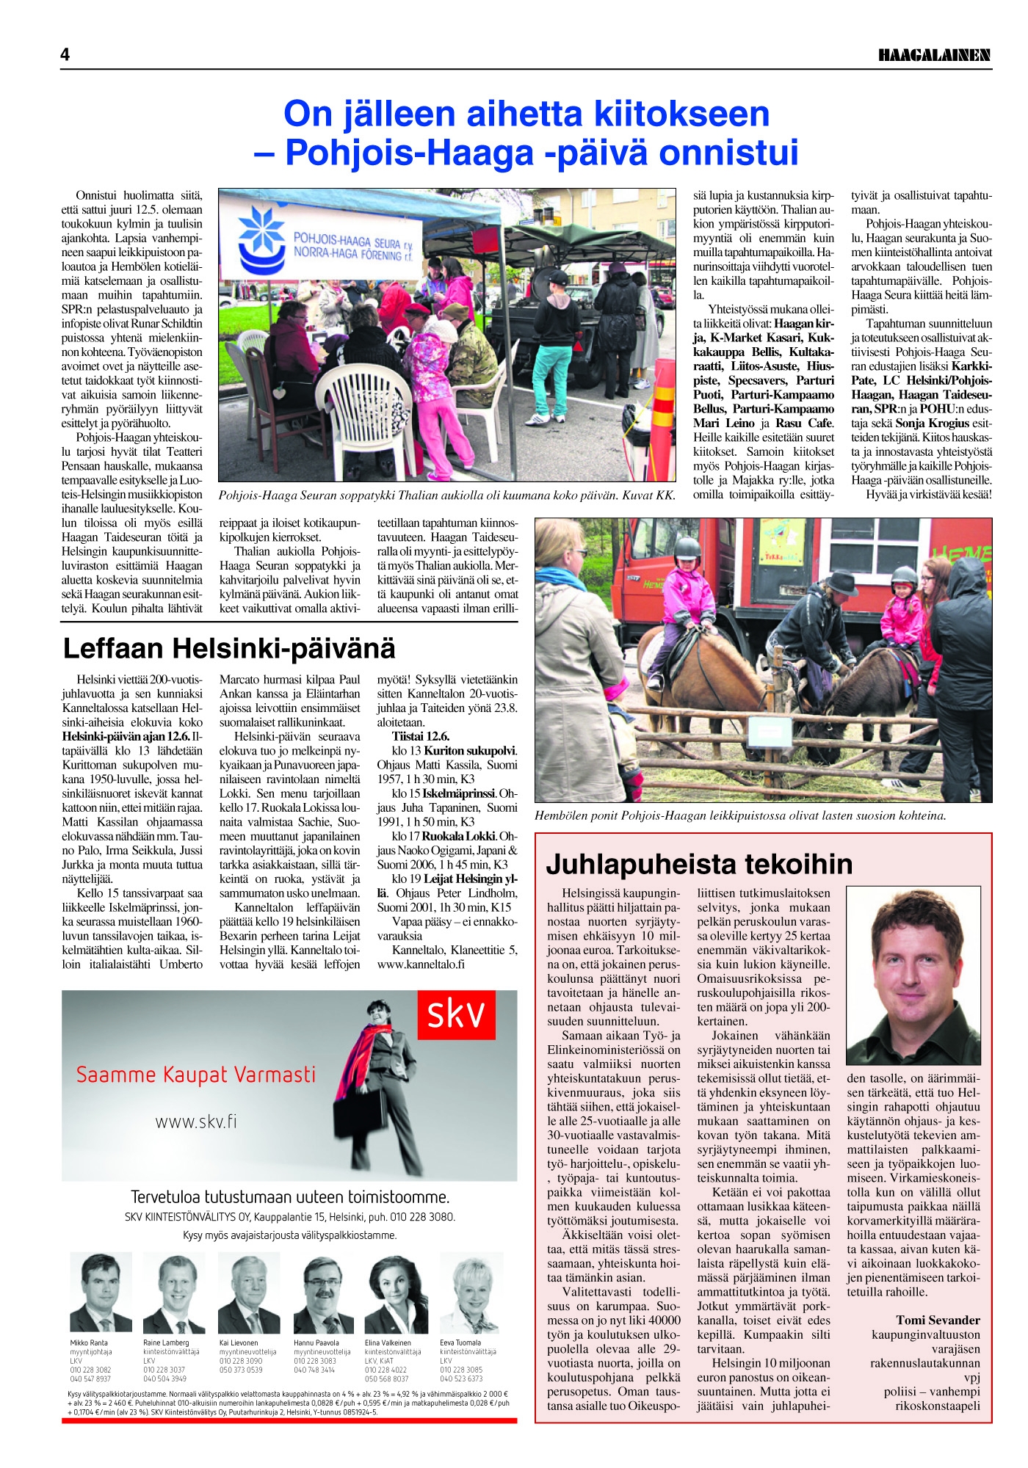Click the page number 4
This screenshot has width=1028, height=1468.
coord(65,55)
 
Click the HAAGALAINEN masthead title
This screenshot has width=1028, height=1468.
coord(934,56)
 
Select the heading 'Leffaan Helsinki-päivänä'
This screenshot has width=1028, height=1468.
coord(229,648)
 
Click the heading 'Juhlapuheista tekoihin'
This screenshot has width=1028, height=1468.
coord(699,864)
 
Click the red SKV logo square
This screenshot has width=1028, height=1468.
coord(456,1015)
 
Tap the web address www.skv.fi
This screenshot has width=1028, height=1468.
coord(196,1122)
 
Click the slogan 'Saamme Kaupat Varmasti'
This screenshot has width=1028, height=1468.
coord(196,1075)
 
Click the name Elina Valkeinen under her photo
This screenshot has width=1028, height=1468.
coord(388,1342)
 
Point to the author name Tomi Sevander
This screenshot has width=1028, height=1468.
coord(938,1320)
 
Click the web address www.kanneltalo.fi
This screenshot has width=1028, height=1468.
coord(421,964)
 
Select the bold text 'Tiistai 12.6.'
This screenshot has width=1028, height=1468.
coord(421,736)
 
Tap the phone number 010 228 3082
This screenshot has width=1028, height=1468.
coord(90,1370)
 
